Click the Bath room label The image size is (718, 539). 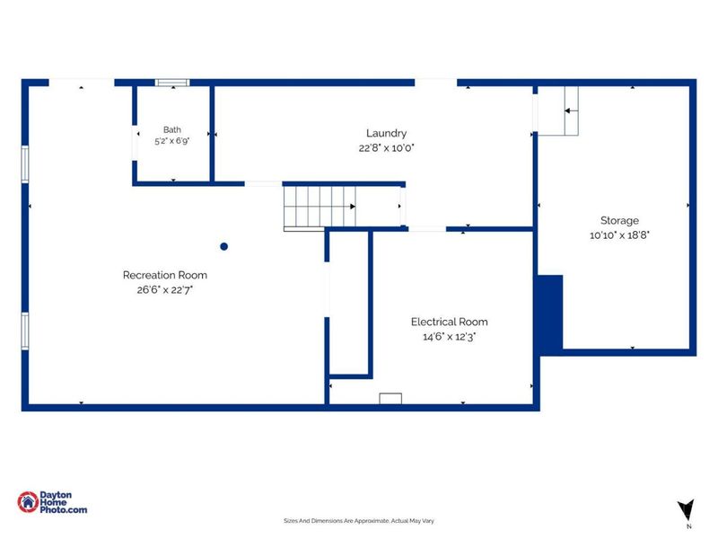tap(172, 129)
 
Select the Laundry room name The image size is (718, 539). tap(386, 133)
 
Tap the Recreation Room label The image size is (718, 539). tap(165, 275)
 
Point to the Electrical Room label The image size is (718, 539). tap(450, 322)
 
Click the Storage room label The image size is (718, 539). tap(619, 220)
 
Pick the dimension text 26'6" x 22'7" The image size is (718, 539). tap(165, 289)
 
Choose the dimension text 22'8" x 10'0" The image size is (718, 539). tap(387, 148)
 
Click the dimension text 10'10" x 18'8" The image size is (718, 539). tap(619, 235)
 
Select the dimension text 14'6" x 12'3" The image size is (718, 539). tap(450, 336)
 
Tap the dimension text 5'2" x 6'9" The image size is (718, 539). tap(172, 141)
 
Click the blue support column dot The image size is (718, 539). tap(223, 246)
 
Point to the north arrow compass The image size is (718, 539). tap(687, 510)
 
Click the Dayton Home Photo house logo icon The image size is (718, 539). tap(28, 502)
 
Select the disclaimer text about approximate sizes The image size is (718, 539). tap(359, 521)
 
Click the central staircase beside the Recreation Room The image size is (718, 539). tap(320, 207)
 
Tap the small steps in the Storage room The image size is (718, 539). tap(572, 110)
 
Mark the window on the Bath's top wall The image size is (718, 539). tap(172, 83)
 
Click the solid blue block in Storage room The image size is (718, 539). tap(550, 314)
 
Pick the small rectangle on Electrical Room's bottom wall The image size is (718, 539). tap(390, 398)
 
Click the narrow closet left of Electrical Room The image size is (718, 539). tap(349, 303)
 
